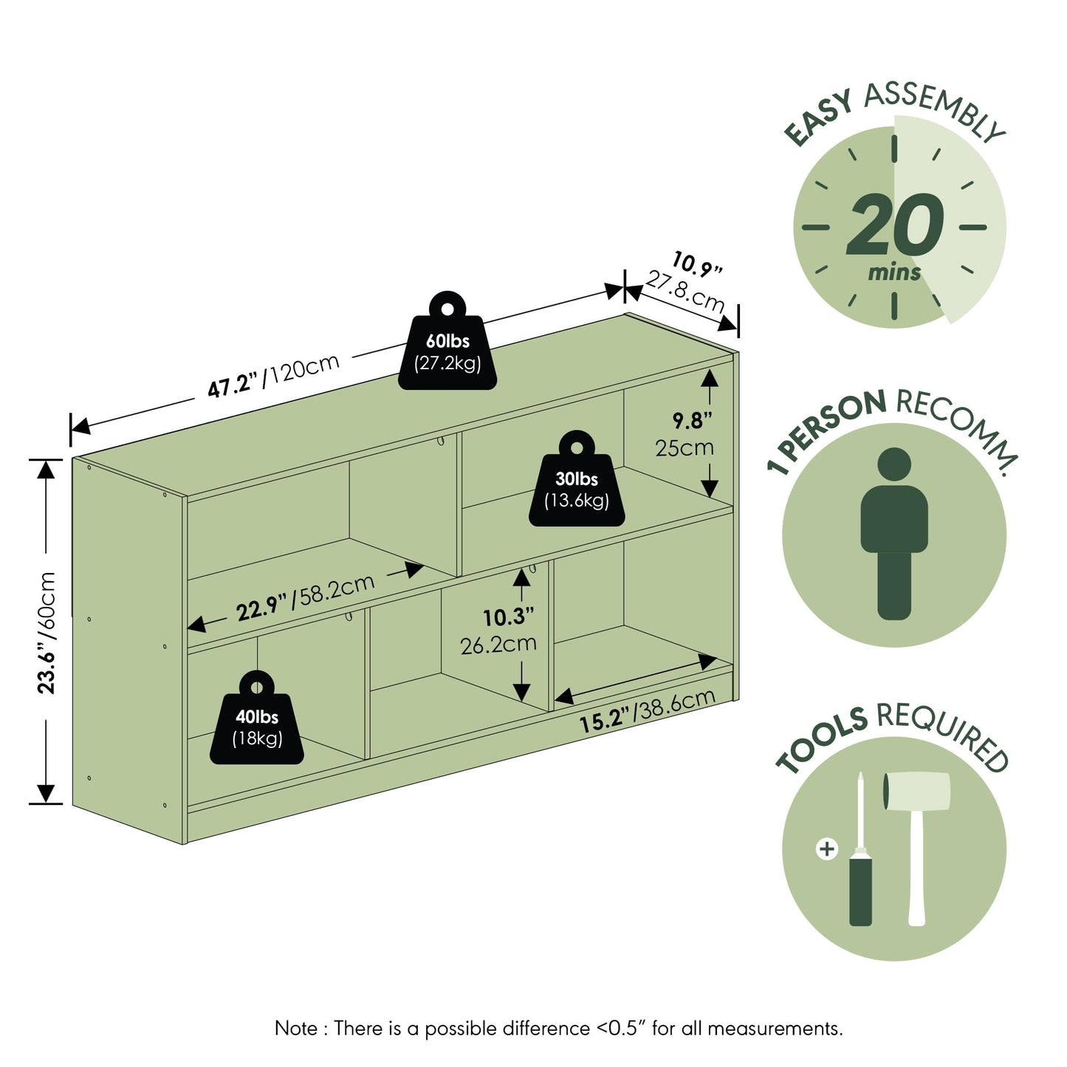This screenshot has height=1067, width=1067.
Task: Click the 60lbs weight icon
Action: pyautogui.click(x=447, y=342)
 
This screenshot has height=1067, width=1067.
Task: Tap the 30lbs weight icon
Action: pyautogui.click(x=577, y=479)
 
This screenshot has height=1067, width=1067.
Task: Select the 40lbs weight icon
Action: pyautogui.click(x=257, y=718)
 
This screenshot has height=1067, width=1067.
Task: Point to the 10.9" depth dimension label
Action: pyautogui.click(x=697, y=263)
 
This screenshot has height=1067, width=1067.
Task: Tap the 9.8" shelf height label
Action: pyautogui.click(x=692, y=421)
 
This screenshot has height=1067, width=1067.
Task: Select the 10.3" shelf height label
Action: pyautogui.click(x=508, y=617)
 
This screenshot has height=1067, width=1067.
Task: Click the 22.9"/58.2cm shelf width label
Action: pyautogui.click(x=306, y=597)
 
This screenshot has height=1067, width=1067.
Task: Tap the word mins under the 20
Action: pyautogui.click(x=894, y=272)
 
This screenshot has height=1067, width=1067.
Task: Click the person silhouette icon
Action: pyautogui.click(x=894, y=532)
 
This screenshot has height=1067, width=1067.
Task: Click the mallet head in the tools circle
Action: pyautogui.click(x=916, y=792)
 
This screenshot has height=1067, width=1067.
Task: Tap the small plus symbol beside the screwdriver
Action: pyautogui.click(x=827, y=849)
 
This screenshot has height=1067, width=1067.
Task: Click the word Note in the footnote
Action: pyautogui.click(x=296, y=1029)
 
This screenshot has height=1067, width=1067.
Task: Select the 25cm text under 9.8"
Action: pyautogui.click(x=685, y=447)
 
